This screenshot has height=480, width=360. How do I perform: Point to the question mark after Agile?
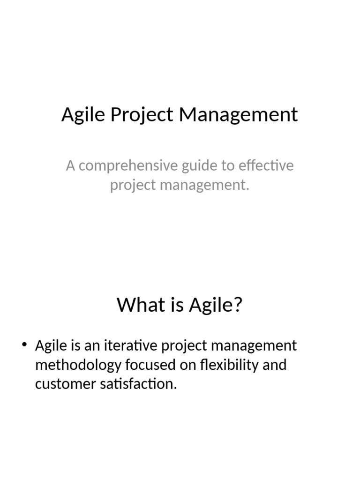pyautogui.click(x=238, y=305)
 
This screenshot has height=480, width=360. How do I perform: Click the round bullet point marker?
pyautogui.click(x=25, y=346)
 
